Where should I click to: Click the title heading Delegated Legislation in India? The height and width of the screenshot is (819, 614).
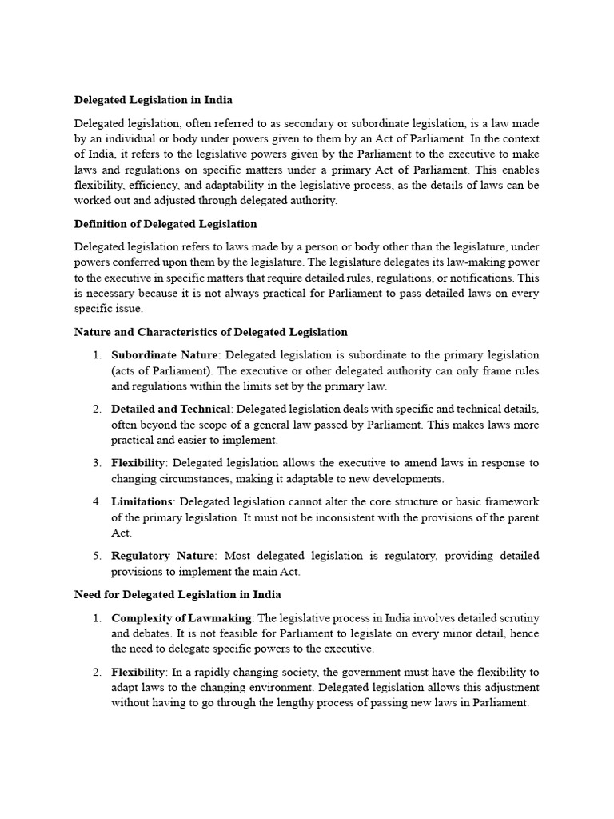point(153,100)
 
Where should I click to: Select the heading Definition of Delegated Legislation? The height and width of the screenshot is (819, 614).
point(165,223)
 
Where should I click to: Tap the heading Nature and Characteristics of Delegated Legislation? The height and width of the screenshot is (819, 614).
point(211,331)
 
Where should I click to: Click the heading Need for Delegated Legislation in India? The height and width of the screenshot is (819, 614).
point(177,595)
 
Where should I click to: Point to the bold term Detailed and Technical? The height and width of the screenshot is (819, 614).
point(171,409)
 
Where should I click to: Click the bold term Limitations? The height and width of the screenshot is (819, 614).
point(142,501)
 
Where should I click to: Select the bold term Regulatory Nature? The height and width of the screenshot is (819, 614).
point(163,556)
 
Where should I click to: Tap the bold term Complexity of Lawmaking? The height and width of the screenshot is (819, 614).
point(181,618)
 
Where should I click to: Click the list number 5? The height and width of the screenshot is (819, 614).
point(96,556)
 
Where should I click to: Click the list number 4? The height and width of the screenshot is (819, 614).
point(96,501)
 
